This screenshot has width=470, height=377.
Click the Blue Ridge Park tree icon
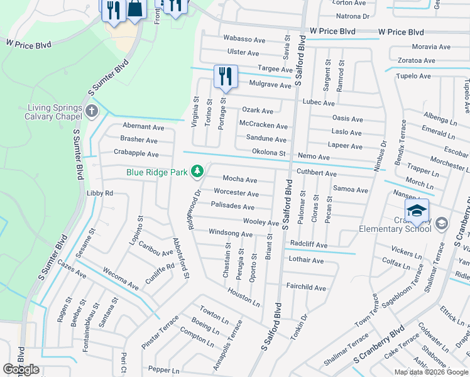point(197,171)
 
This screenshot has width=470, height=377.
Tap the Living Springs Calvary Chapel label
point(53,112)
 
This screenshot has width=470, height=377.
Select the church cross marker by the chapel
point(92,112)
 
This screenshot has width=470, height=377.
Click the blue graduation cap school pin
point(416,211)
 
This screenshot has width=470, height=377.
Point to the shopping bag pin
point(135,9)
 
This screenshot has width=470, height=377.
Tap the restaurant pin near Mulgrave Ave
point(224,77)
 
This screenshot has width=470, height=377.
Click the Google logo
point(21,369)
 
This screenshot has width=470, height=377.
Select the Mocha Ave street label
point(240,180)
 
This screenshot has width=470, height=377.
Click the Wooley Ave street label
point(261,222)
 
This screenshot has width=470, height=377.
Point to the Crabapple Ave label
point(136,153)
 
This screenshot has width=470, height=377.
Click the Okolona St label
point(268,153)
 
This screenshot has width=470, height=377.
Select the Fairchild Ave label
point(306,288)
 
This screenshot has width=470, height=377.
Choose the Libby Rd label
point(99,194)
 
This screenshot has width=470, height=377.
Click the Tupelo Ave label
point(413,76)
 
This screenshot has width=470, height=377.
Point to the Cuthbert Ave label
point(317,173)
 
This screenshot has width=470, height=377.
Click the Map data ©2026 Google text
point(430,372)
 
